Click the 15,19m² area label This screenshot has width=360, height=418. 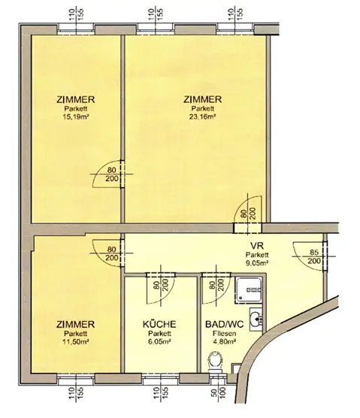point(76,117)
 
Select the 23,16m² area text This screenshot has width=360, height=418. point(203,117)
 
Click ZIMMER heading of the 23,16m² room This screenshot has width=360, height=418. point(203,98)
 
